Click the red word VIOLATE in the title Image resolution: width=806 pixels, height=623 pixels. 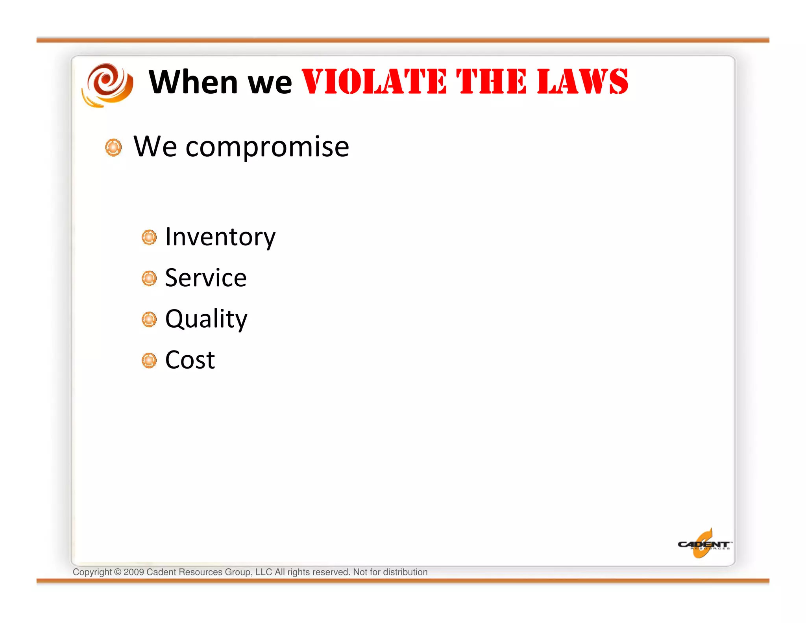point(374,82)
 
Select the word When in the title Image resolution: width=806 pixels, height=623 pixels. point(193,82)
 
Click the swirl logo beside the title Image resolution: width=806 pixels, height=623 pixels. point(107,85)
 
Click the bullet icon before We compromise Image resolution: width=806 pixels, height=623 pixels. point(113,148)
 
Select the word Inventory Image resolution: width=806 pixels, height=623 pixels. point(220,237)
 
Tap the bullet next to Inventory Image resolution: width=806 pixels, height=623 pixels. point(149,237)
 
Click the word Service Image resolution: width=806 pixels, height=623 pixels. point(205,278)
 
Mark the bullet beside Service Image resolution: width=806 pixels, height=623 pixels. point(149,278)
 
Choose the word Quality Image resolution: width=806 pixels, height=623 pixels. point(206,319)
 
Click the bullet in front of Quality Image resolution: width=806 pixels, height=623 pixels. point(149,319)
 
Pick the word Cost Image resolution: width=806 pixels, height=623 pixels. point(190,360)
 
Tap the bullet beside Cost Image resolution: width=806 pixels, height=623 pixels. point(149,360)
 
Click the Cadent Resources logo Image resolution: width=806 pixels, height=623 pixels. point(704,544)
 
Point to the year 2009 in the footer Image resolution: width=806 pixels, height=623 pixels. point(134,572)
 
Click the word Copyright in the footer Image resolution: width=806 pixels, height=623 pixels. point(92,572)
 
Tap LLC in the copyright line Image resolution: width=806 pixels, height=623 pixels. point(264,572)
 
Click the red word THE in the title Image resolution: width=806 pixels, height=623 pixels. point(491,82)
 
